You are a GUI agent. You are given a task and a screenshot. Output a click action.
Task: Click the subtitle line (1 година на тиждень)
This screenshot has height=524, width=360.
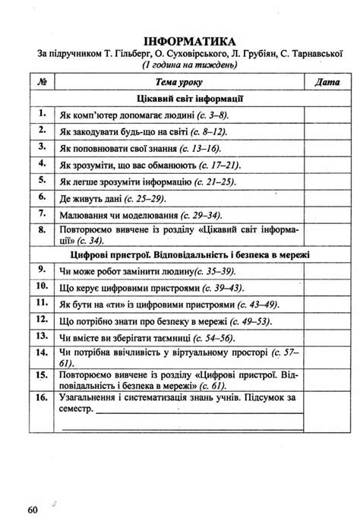pos(188,66)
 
